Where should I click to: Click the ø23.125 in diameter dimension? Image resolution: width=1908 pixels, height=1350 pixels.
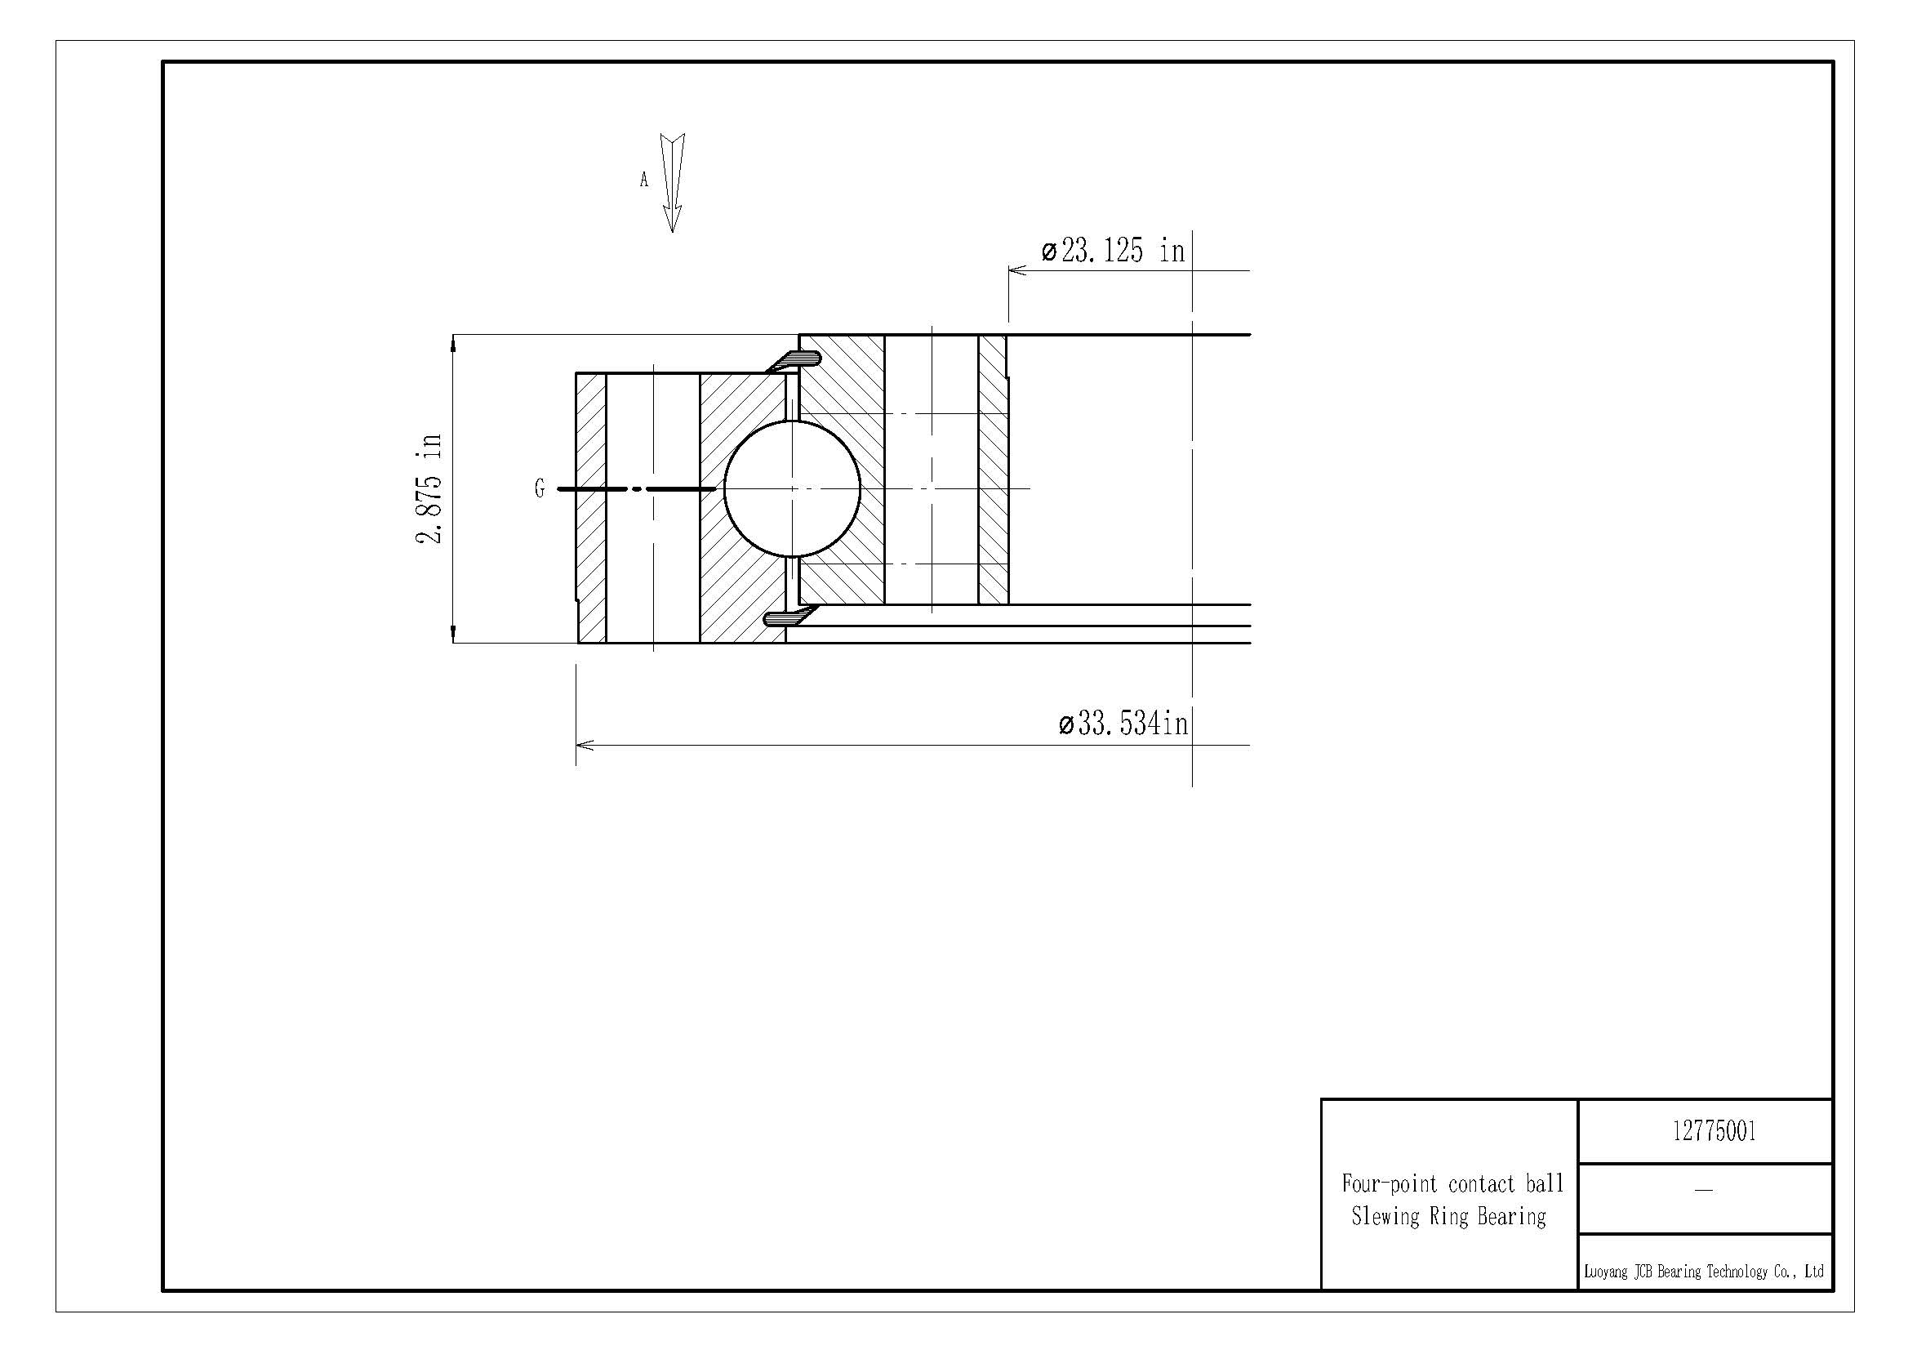click(1114, 250)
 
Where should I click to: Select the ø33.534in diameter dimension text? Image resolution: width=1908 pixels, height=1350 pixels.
click(1123, 724)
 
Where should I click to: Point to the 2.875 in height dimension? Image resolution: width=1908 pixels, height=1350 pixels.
click(429, 488)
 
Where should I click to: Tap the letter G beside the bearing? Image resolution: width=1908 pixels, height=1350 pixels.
click(540, 488)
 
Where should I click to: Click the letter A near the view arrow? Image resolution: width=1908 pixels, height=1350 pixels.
click(643, 180)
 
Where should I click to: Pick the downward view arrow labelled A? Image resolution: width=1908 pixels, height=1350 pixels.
click(672, 183)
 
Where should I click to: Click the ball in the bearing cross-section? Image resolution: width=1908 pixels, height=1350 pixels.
click(792, 488)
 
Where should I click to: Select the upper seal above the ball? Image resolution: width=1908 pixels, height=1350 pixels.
click(793, 361)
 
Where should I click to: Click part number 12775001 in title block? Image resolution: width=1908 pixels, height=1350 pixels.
click(1715, 1131)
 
